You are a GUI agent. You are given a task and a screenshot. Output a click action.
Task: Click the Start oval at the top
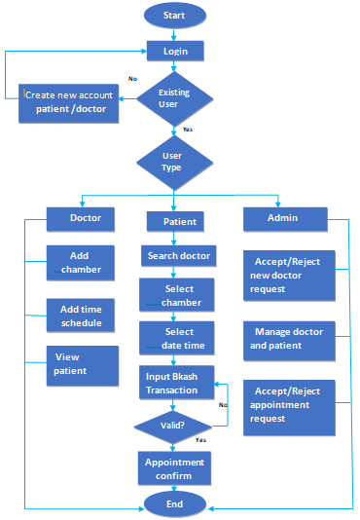pyautogui.click(x=175, y=16)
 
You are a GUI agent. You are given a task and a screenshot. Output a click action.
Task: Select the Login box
pyautogui.click(x=175, y=50)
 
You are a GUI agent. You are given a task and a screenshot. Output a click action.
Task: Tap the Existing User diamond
pyautogui.click(x=175, y=97)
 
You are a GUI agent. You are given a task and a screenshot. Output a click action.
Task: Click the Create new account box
pyautogui.click(x=70, y=102)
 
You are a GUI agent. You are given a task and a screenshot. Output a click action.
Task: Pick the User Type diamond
pyautogui.click(x=172, y=161)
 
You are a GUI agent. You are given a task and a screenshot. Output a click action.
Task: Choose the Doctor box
pyautogui.click(x=81, y=218)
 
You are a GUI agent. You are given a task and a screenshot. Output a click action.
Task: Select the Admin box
pyautogui.click(x=283, y=218)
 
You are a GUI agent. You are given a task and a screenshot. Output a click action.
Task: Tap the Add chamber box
pyautogui.click(x=81, y=261)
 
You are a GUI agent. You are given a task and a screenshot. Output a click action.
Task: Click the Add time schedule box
pyautogui.click(x=81, y=316)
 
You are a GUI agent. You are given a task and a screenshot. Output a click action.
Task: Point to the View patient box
pyautogui.click(x=81, y=364)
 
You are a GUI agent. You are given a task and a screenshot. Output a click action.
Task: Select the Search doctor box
pyautogui.click(x=179, y=257)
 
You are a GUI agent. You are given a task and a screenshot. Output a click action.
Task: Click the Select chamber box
pyautogui.click(x=179, y=295)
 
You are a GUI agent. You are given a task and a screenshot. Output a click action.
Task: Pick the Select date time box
pyautogui.click(x=179, y=339)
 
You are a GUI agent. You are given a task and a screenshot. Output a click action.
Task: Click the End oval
pyautogui.click(x=176, y=504)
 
